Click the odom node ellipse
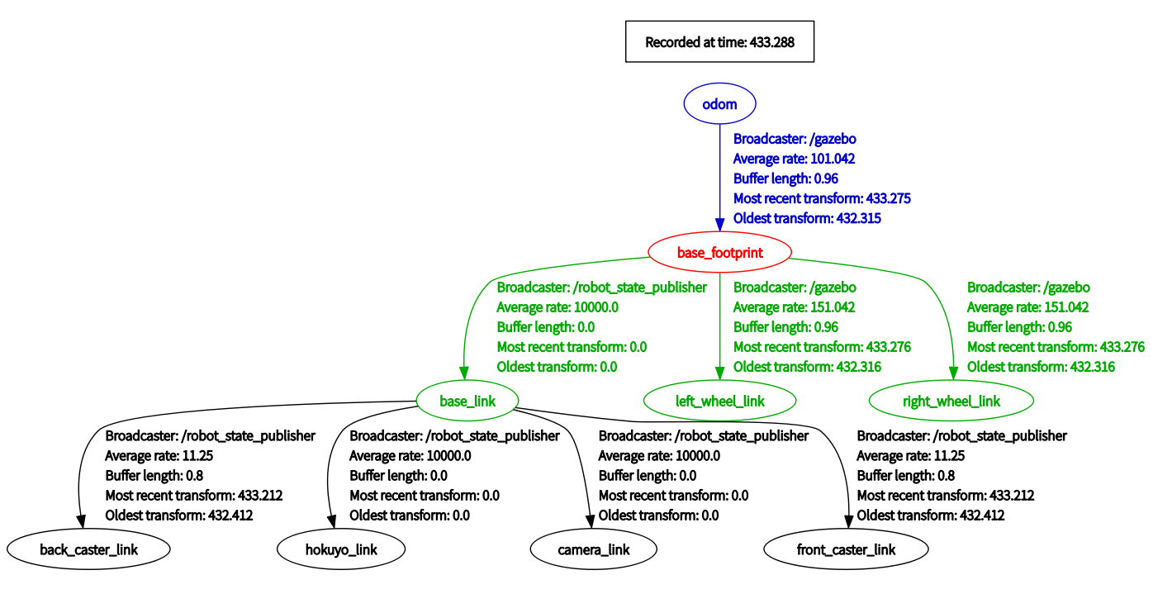(719, 103)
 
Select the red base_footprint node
(719, 252)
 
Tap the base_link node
(467, 401)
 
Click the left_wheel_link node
(719, 401)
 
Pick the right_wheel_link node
(951, 401)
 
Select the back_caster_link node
(88, 549)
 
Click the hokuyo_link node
(341, 549)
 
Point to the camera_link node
(594, 549)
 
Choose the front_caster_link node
(847, 549)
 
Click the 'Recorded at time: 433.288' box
(719, 41)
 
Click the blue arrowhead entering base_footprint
(719, 225)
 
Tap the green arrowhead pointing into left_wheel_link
(719, 373)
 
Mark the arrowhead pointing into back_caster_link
(81, 521)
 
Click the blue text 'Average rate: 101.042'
(794, 159)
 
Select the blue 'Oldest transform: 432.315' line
(807, 218)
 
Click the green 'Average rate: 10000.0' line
(558, 307)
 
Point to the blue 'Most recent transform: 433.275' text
(822, 198)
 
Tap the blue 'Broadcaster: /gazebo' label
(795, 139)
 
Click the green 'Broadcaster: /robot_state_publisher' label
(602, 287)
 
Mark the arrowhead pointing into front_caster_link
(849, 521)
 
